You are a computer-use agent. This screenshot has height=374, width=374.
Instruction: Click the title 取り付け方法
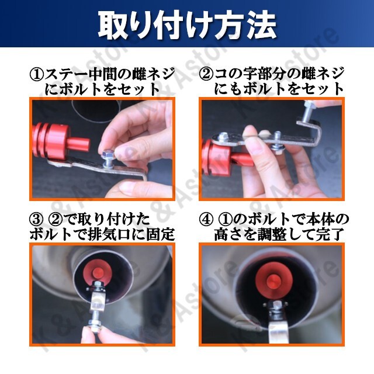[187, 26]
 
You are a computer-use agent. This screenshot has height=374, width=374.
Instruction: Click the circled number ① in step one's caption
[37, 74]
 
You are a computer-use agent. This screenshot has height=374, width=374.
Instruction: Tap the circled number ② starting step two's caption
[206, 74]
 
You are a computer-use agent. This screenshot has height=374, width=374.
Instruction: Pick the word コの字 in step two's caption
[236, 74]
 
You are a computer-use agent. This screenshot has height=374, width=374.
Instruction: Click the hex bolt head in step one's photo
[107, 154]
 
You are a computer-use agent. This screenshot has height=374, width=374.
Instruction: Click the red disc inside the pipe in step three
[99, 272]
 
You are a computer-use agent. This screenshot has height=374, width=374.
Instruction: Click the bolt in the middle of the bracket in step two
[277, 141]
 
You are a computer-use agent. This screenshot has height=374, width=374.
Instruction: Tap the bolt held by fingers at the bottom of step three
[95, 321]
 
